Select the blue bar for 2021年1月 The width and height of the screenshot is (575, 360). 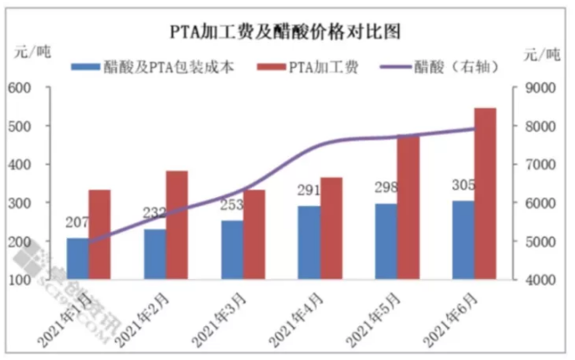click(x=78, y=259)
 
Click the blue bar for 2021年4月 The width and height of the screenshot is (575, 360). click(x=308, y=242)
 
